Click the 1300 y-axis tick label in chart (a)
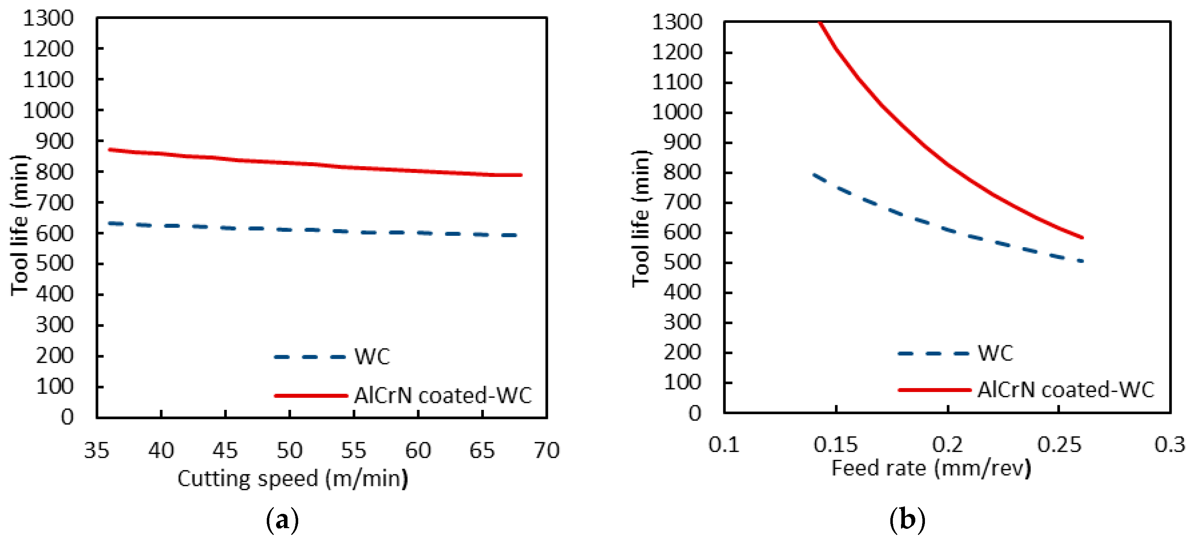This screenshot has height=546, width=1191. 48,19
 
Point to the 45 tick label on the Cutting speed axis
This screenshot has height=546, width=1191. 225,450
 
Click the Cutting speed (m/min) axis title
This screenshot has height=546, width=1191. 293,478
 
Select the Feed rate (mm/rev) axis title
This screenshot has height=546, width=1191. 931,468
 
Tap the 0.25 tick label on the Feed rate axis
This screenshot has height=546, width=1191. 1059,444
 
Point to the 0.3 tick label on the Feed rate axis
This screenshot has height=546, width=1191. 1170,444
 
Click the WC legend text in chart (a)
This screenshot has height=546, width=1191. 372,357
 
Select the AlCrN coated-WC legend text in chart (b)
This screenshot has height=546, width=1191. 1066,389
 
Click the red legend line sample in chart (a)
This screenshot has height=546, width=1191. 311,396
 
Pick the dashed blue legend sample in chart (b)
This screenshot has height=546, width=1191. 933,353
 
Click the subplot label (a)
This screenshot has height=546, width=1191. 282,520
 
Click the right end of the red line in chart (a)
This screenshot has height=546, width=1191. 521,175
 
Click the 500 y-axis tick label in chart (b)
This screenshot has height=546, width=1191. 682,262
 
